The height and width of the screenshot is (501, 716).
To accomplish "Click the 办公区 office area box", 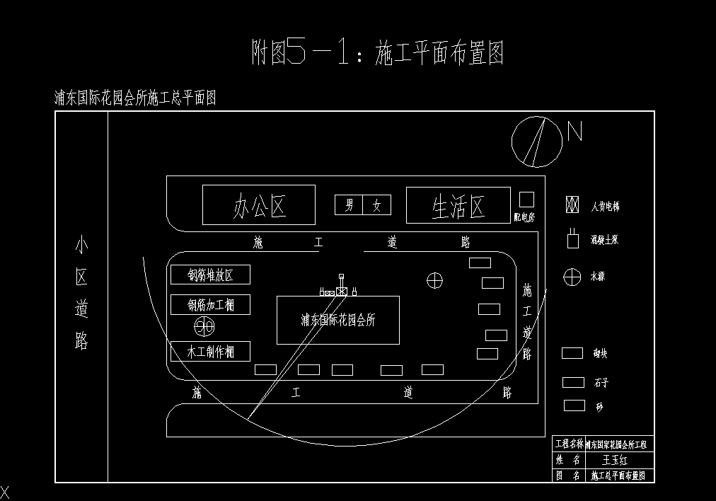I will click(x=258, y=205).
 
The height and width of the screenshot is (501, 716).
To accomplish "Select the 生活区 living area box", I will click(x=458, y=205).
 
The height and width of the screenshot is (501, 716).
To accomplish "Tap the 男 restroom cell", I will click(x=349, y=205).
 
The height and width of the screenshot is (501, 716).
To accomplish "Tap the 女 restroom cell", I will click(x=377, y=205).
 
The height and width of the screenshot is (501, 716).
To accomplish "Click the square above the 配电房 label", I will click(x=526, y=200).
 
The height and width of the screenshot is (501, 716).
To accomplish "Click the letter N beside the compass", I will click(x=574, y=132).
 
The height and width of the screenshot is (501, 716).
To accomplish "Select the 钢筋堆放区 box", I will click(x=210, y=275).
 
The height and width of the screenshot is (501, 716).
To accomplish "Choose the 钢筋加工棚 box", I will click(x=210, y=305).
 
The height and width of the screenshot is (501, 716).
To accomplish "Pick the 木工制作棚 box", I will click(x=210, y=351).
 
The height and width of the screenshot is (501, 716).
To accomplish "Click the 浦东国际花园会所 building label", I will click(x=337, y=320).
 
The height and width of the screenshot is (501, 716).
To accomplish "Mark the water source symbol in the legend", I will click(x=572, y=277).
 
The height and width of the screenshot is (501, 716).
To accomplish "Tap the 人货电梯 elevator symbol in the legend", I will click(x=572, y=205).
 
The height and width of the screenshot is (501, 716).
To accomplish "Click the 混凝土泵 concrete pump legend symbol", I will click(x=572, y=240).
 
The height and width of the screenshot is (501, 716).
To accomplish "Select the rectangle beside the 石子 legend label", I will click(x=573, y=382).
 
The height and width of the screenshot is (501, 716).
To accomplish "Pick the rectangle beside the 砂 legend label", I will click(x=574, y=405).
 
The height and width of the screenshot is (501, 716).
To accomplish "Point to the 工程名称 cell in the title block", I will click(x=568, y=444).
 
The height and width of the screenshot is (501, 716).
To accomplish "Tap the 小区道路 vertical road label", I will click(x=81, y=294).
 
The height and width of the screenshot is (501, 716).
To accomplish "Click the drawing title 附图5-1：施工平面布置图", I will click(x=378, y=53).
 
